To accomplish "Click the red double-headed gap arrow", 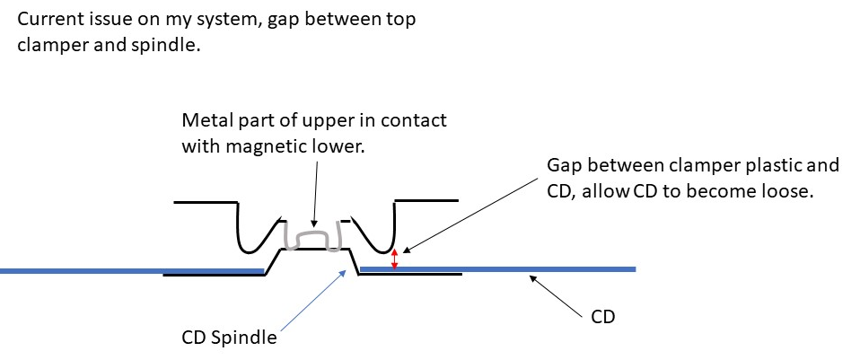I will coord(394,258).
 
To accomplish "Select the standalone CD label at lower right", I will coord(603,318).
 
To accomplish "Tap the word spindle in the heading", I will coord(168,45).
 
